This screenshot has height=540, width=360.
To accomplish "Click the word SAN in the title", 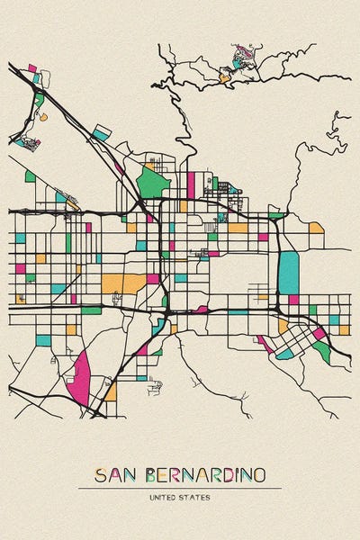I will point(112,475).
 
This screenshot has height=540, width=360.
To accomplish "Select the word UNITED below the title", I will point(165,497).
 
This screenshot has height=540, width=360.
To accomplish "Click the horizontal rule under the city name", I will point(180,488).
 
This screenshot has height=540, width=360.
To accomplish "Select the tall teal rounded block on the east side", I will point(289,272).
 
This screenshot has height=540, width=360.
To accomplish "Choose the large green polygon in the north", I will point(154,183).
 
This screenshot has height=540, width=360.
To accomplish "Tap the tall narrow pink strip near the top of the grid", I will point(191,184).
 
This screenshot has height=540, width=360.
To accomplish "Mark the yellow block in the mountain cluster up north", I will point(224,78).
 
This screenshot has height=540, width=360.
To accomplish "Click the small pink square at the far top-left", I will point(32,68).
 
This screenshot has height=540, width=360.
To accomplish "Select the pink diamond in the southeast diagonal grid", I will point(319,334).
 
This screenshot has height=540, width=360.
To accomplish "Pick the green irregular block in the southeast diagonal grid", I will point(322,351).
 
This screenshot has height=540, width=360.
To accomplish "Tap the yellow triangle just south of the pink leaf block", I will point(110,391).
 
